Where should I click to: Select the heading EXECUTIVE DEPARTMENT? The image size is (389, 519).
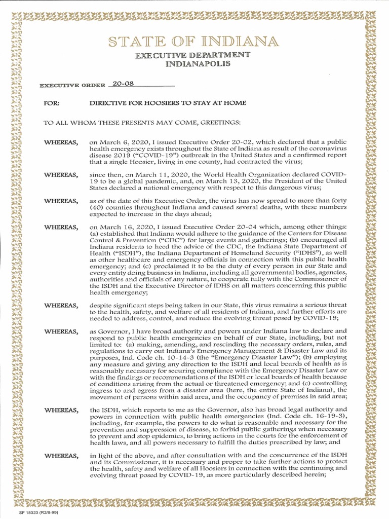point(195,55)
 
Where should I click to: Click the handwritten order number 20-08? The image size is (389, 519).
point(123,83)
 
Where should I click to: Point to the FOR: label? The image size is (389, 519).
point(52,103)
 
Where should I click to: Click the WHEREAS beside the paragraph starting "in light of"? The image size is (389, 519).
point(60,456)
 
